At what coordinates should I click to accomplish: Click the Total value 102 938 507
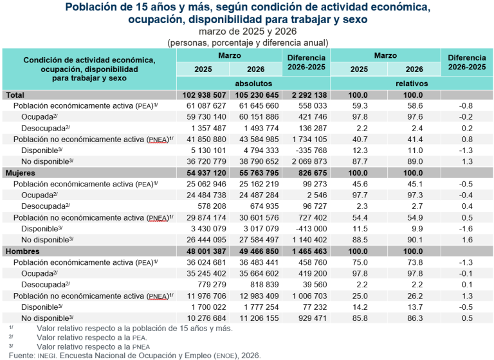pyautogui.click(x=203, y=95)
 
